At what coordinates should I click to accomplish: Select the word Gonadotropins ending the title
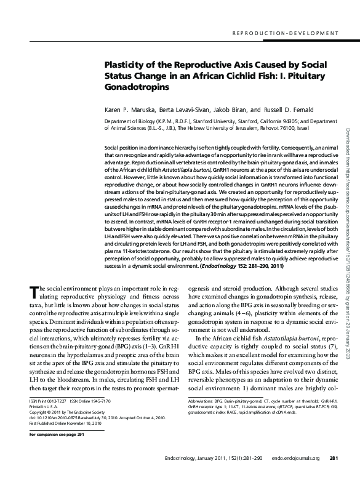tap(136, 87)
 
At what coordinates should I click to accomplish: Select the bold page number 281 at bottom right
tap(334, 475)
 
